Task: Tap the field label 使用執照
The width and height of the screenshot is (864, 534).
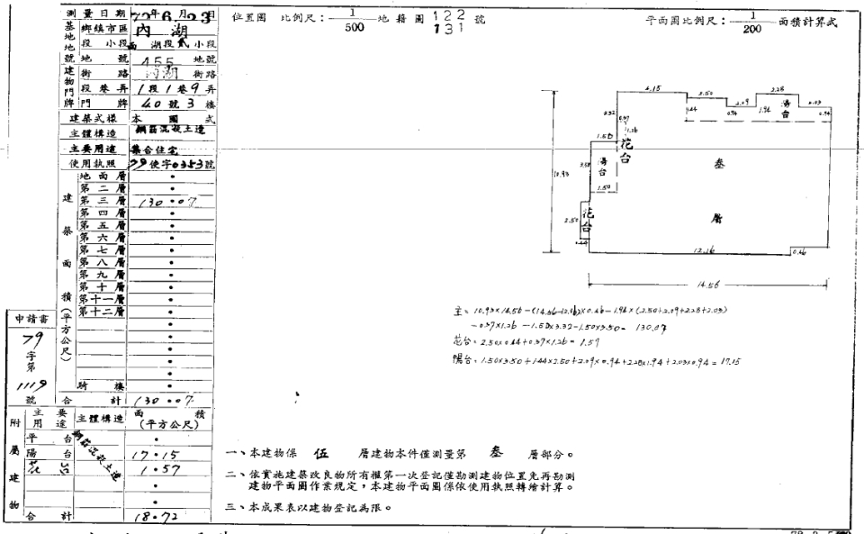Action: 94,165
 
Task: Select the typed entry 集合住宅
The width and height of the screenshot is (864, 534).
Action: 156,149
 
